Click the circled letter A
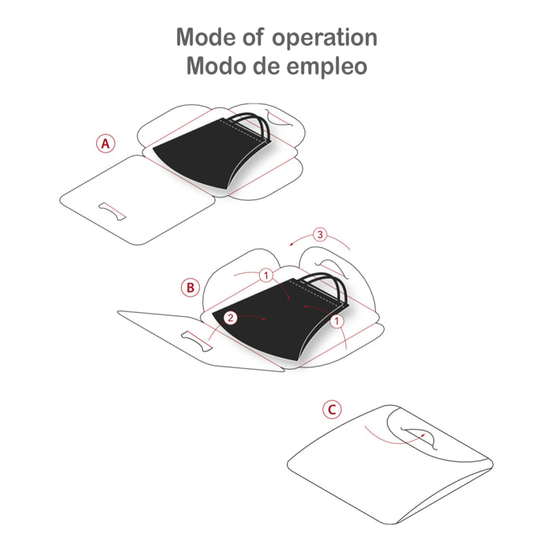point(105,144)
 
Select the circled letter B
point(190,288)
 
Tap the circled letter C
point(332,410)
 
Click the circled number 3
point(320,235)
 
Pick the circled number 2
point(231,318)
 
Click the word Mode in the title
point(207,37)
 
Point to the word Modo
point(216,66)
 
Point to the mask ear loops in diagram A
point(249,125)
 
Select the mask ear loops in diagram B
point(326,286)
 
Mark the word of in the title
point(254,36)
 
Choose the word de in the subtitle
point(266,66)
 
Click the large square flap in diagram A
point(137,200)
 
